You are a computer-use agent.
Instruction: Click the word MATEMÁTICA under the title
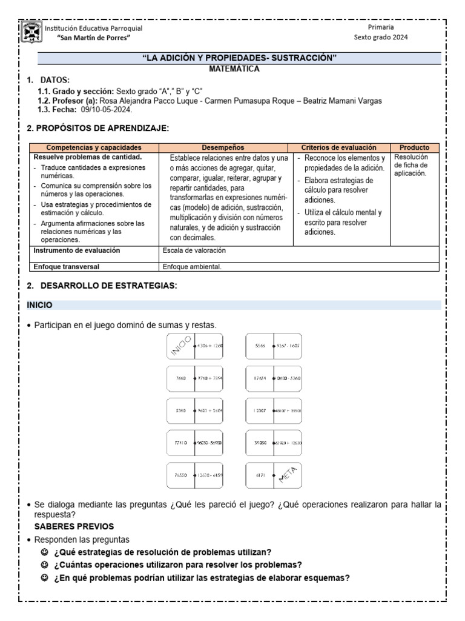tap(234, 69)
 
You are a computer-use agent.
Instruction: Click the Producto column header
tap(415, 147)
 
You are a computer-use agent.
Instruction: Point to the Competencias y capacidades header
tap(94, 147)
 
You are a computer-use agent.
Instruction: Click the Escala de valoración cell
tap(194, 250)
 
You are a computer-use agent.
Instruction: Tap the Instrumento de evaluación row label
tap(77, 250)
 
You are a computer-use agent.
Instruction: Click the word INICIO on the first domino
tap(180, 346)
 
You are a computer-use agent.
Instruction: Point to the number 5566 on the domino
tap(260, 346)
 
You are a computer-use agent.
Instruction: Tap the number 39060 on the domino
tap(259, 443)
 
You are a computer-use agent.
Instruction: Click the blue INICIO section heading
tap(39, 304)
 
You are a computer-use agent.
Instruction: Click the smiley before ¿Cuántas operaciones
tap(44, 565)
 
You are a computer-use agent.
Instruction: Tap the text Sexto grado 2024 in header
tap(381, 37)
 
